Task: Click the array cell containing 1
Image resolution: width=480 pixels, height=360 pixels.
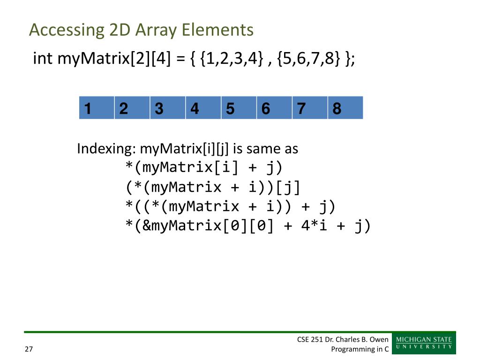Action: click(x=97, y=108)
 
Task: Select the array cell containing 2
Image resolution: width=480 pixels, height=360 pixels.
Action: click(x=132, y=108)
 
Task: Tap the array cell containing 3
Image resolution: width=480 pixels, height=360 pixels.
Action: click(x=168, y=108)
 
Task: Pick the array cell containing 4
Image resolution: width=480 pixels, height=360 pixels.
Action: click(x=203, y=108)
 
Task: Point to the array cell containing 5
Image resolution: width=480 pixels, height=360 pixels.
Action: click(x=239, y=108)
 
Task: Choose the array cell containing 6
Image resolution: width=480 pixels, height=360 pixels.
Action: click(x=274, y=108)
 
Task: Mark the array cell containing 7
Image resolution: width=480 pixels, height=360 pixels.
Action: click(x=310, y=108)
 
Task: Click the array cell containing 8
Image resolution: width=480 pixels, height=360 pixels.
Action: click(x=345, y=108)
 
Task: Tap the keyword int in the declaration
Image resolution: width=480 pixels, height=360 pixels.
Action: click(x=43, y=60)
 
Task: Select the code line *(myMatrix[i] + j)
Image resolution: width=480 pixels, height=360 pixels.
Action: click(x=204, y=167)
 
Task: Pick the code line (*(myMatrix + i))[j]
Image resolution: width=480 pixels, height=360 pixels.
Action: click(x=213, y=187)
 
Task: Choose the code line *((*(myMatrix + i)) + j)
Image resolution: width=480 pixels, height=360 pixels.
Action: click(x=231, y=207)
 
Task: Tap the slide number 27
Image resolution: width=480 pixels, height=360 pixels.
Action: click(x=29, y=349)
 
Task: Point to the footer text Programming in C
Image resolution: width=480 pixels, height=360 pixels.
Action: click(x=360, y=349)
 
